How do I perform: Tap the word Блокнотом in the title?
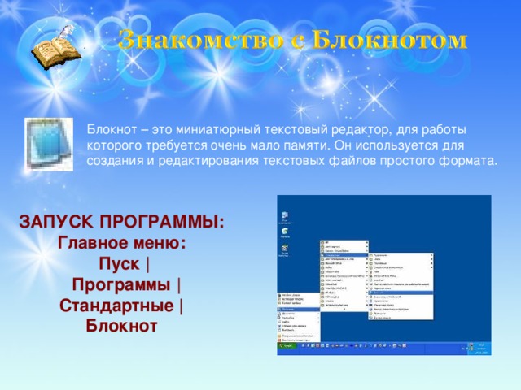tap(389, 40)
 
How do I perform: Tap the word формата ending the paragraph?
tap(471, 160)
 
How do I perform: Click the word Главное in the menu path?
tap(91, 243)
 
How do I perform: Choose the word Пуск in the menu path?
tap(117, 264)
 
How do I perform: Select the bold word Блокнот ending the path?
tap(121, 327)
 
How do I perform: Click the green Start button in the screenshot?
tap(287, 346)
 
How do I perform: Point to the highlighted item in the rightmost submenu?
tap(402, 291)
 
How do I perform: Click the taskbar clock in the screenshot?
tap(480, 347)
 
